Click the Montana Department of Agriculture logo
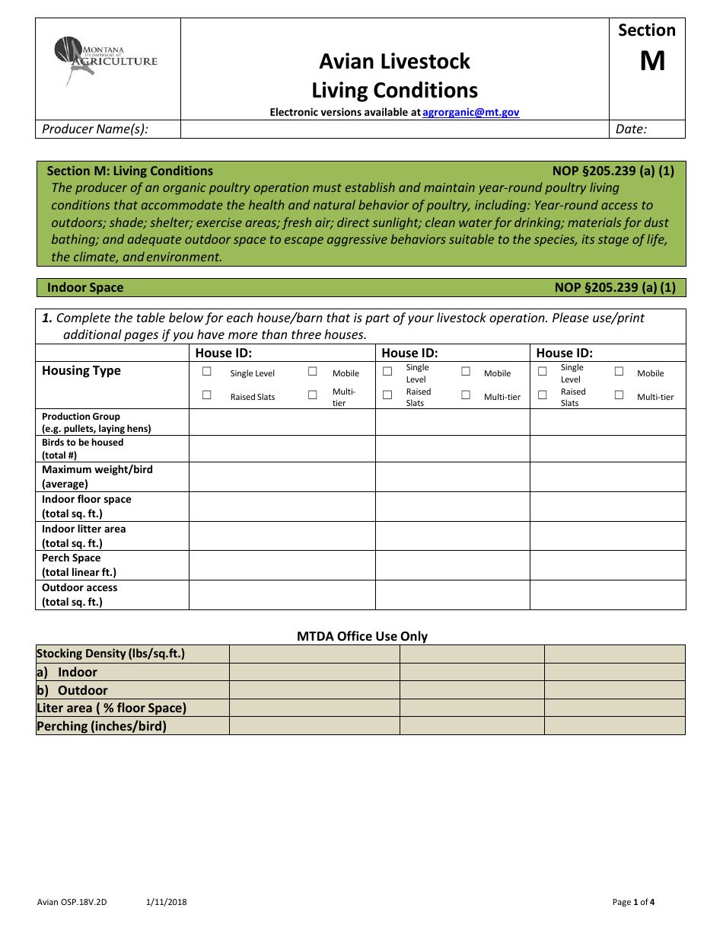106,60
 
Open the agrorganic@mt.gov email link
470,112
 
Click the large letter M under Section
652,61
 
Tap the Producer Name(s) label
95,129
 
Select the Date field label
631,129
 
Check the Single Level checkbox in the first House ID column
207,372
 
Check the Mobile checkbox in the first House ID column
313,372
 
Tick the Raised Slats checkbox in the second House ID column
387,395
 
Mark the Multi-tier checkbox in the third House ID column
619,395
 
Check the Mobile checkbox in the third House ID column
619,372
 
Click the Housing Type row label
81,370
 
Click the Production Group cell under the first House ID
282,422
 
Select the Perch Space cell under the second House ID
452,565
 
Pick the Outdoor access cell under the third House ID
607,595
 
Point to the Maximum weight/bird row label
97,476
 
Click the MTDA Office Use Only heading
362,636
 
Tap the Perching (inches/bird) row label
101,726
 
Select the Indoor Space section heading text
85,287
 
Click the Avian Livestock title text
394,61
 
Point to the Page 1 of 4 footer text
633,902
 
